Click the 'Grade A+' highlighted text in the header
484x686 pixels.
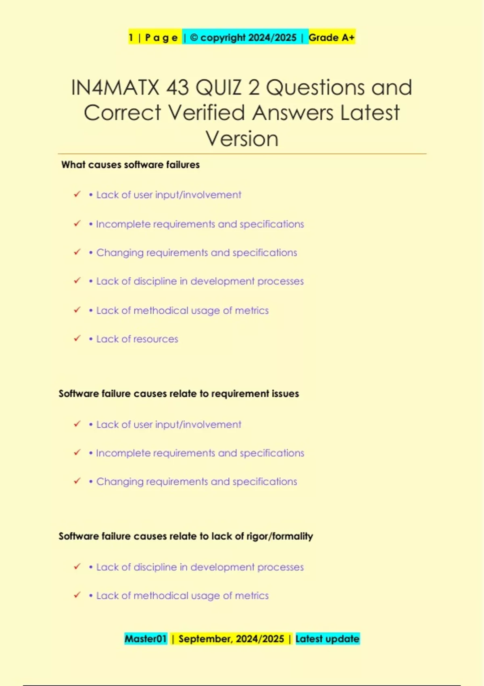(x=331, y=38)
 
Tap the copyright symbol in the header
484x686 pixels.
(x=194, y=38)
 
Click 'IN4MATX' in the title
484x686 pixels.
(x=115, y=88)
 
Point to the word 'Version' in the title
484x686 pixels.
(x=242, y=139)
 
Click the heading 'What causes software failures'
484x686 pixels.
(x=130, y=165)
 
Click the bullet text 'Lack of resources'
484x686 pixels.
(x=137, y=339)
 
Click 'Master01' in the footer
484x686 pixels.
(x=146, y=639)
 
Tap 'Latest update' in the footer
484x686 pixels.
(x=327, y=639)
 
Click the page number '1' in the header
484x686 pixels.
(x=131, y=38)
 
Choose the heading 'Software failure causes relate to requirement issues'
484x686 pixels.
(x=179, y=393)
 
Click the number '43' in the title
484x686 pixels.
(x=177, y=88)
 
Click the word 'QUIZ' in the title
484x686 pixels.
(x=218, y=88)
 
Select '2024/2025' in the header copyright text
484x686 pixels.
(x=272, y=38)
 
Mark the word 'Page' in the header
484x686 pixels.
(x=161, y=38)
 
